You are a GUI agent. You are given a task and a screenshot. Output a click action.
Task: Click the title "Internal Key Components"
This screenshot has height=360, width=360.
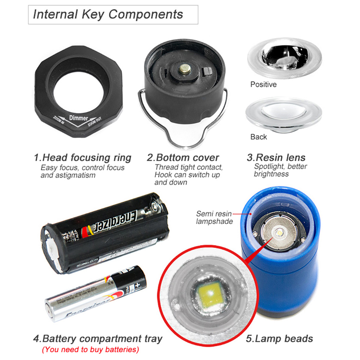coord(108,14)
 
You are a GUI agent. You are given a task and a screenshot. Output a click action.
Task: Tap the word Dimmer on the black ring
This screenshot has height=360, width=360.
coord(78,118)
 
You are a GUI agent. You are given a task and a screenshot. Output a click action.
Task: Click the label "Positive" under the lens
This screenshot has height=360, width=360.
coord(264,84)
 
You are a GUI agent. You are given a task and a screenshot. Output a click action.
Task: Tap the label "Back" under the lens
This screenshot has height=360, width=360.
coord(258,137)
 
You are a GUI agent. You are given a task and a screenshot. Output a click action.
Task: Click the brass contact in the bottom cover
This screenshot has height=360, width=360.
coord(185,69)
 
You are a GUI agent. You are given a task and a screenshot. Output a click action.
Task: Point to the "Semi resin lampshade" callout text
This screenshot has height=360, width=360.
coord(213,217)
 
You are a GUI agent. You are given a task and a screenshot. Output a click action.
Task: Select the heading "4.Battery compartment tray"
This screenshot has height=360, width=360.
coord(97,338)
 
